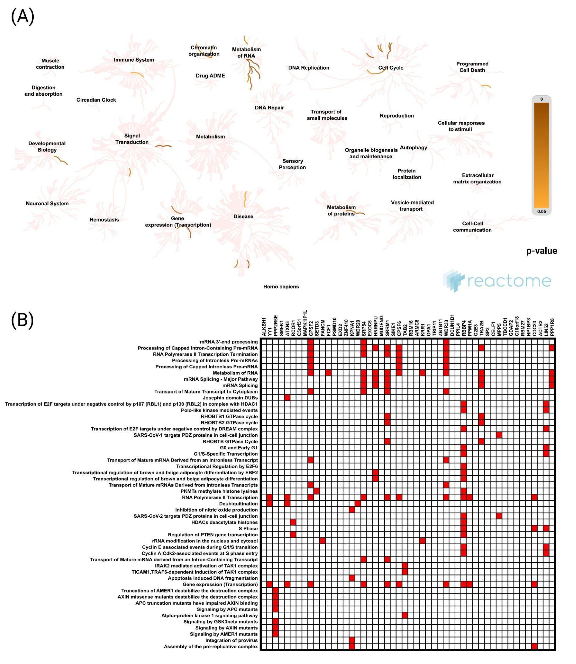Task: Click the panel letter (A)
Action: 22,17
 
